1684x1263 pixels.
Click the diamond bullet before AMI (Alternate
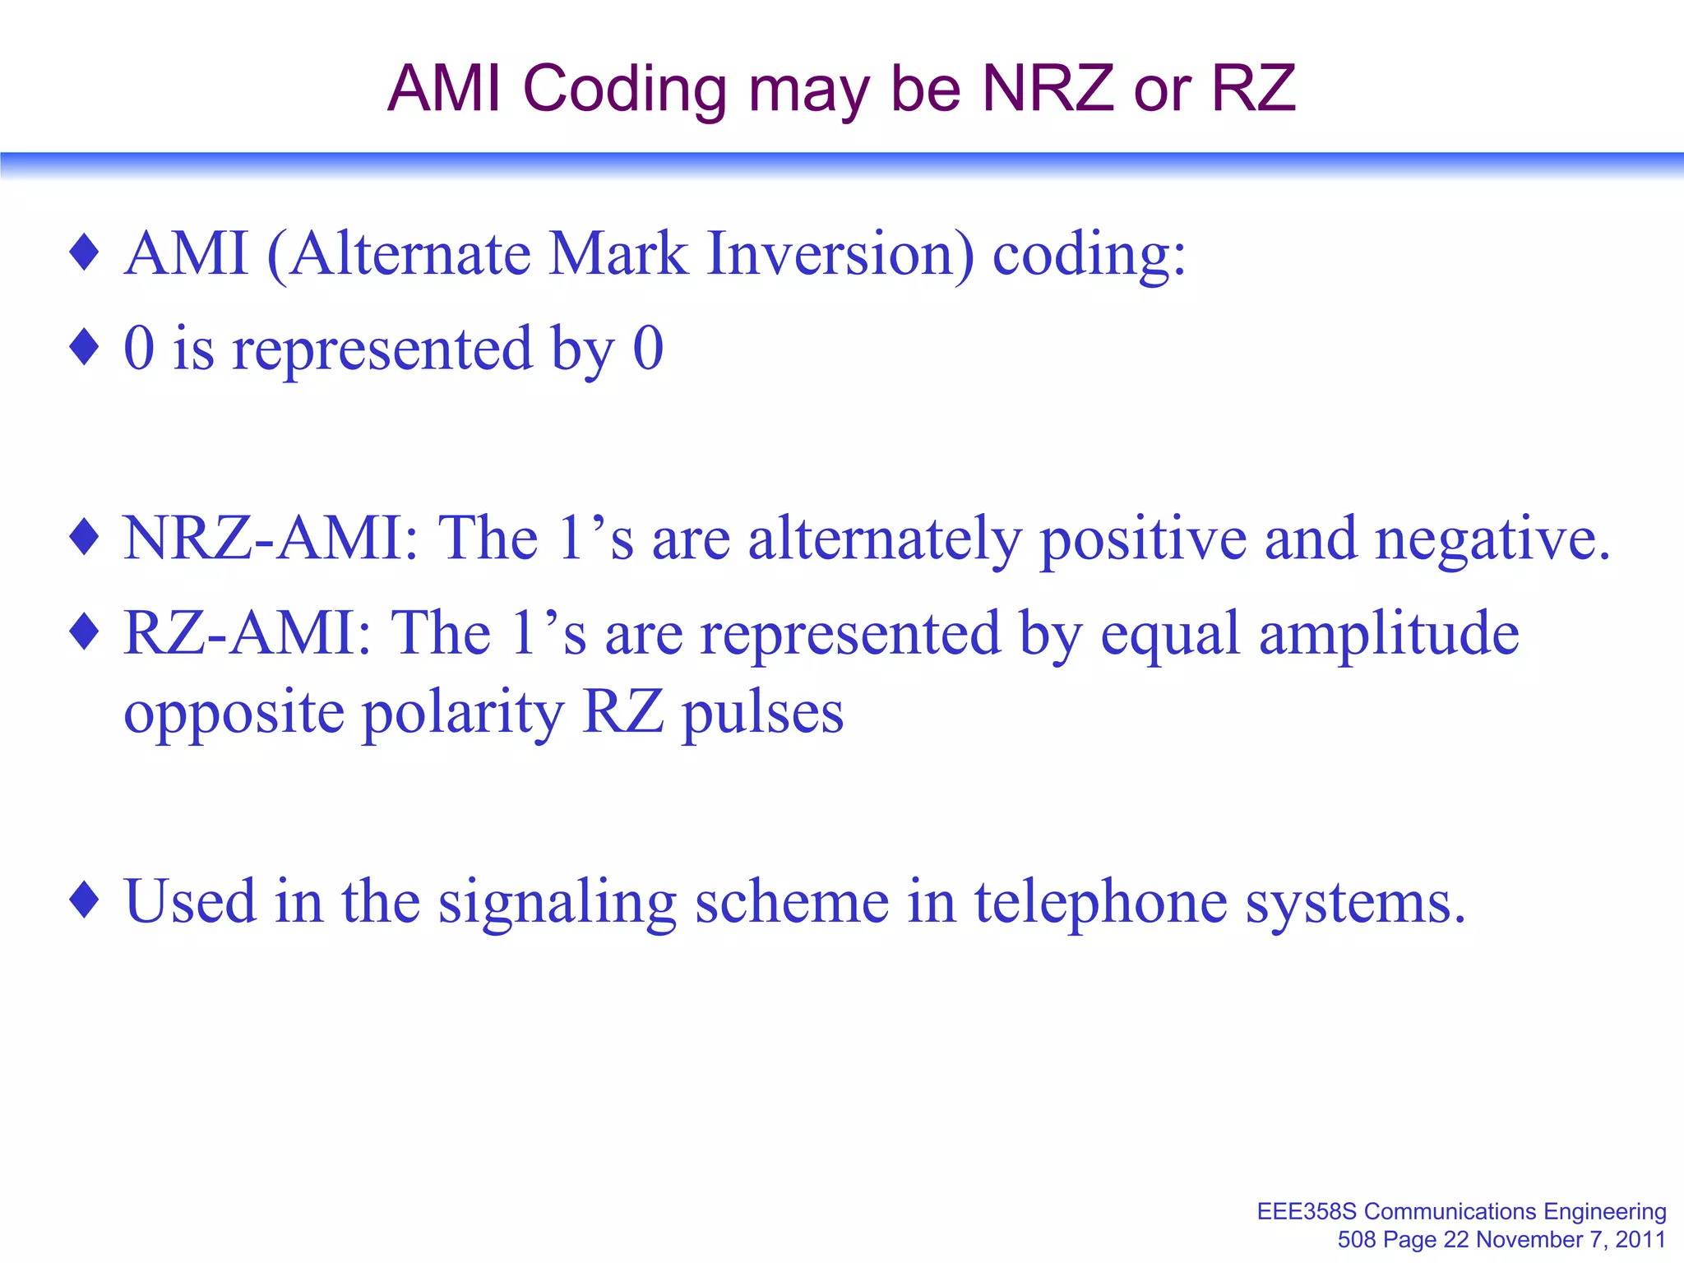85,252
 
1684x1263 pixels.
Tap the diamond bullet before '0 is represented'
85,347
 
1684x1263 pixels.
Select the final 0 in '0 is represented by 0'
648,349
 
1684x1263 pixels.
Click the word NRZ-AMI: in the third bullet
271,539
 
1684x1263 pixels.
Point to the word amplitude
1389,635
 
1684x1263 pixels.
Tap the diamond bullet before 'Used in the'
85,900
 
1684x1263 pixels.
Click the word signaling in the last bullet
557,902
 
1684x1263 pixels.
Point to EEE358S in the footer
1307,1211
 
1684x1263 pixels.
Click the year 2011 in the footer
1640,1239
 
